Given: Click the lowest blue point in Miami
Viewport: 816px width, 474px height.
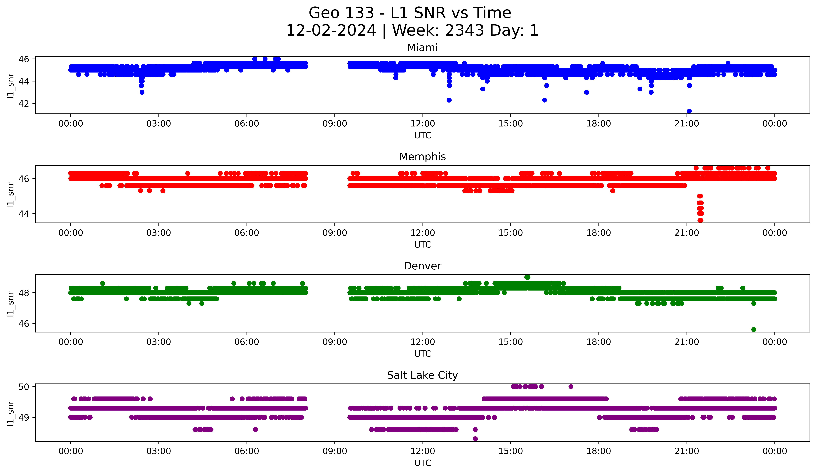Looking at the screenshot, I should click(689, 111).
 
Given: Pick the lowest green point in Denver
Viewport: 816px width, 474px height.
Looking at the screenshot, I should click(754, 329).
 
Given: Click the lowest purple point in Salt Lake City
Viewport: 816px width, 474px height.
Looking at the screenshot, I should click(475, 439).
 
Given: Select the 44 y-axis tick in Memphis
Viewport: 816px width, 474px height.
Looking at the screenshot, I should click(24, 213).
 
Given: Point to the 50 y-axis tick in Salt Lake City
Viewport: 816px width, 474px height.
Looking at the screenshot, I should click(24, 386).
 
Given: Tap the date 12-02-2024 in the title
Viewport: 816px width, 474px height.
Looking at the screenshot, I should click(331, 30).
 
